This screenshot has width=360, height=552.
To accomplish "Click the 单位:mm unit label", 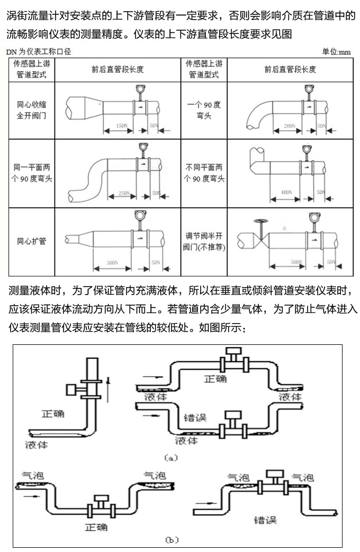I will pos(337,52).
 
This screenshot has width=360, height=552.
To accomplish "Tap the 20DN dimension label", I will pos(289,126).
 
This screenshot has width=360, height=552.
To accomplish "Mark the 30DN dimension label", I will pos(112,262).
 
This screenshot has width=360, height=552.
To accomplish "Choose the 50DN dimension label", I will pos(297,262).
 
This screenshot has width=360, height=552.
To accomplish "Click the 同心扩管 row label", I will pos(32,242).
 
